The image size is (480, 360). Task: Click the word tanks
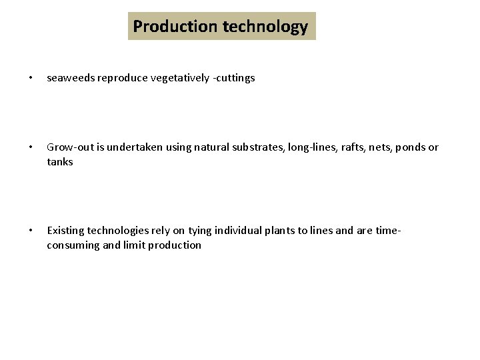pyautogui.click(x=60, y=162)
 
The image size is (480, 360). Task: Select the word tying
pyautogui.click(x=200, y=231)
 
